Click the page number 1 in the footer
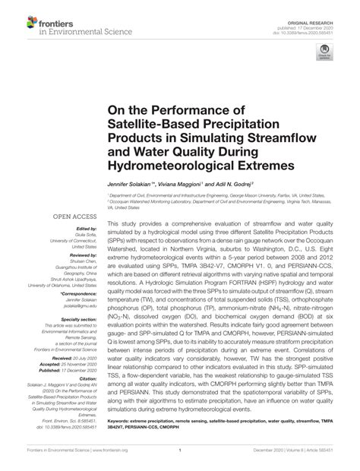[x=179, y=460]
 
